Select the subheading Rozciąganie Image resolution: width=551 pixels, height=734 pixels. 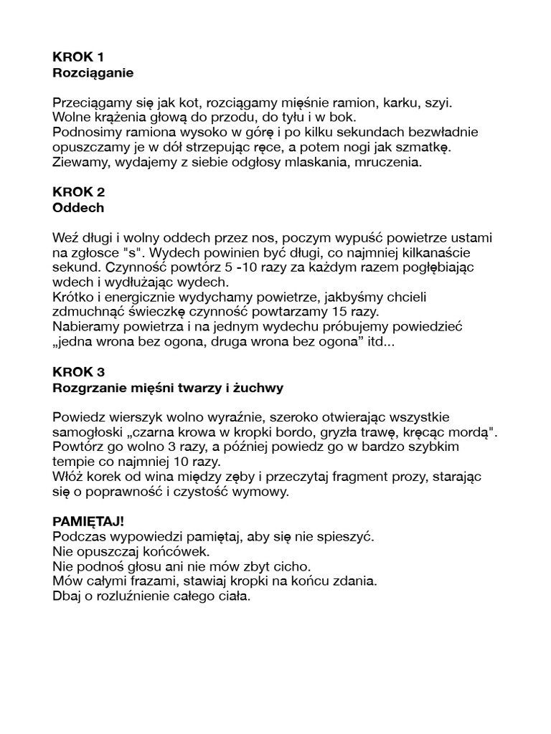[93, 72]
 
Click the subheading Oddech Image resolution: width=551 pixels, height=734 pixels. [78, 208]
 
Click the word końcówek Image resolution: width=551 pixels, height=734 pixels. [174, 551]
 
